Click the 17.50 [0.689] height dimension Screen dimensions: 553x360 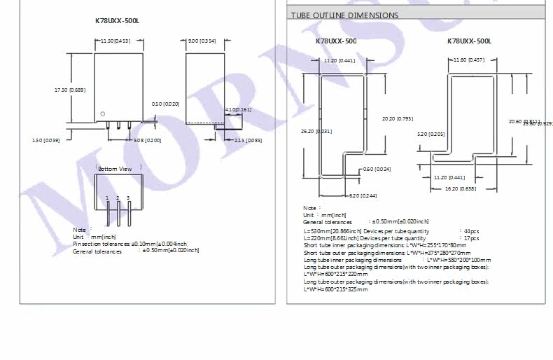(70, 90)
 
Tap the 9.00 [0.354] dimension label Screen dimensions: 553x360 (202, 41)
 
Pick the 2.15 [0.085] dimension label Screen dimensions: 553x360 (248, 141)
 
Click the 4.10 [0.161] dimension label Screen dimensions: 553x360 (239, 110)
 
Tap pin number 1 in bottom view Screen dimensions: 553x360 (107, 198)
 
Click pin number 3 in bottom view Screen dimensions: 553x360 (128, 198)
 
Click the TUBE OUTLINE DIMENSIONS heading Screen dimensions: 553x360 (344, 15)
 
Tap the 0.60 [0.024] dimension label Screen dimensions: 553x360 (377, 169)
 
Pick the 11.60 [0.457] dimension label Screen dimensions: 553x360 (469, 60)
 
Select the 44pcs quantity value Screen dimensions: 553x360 (470, 230)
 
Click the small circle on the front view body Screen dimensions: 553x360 (103, 114)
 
